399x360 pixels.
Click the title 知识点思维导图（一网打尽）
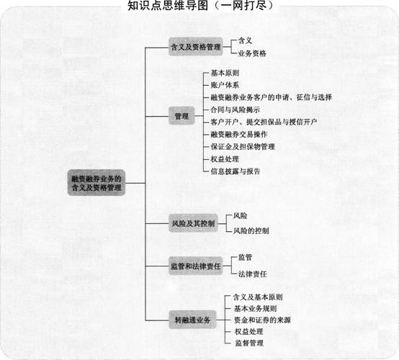(x=200, y=6)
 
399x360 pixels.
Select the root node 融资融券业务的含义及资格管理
(x=97, y=183)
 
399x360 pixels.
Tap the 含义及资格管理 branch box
(x=196, y=47)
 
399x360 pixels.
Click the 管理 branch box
(x=181, y=116)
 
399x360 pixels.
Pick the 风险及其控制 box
(x=194, y=223)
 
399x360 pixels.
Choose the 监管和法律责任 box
(x=196, y=266)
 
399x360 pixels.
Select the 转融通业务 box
(x=192, y=320)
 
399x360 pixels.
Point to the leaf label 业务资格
(x=252, y=53)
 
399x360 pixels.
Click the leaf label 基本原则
(x=225, y=73)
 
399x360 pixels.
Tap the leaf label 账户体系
(x=225, y=85)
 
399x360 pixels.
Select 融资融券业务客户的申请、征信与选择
(x=271, y=97)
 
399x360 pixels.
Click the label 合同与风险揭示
(x=235, y=109)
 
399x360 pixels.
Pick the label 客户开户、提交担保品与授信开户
(x=264, y=122)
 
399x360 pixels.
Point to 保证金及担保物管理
(x=243, y=147)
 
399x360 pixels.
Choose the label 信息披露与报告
(x=235, y=171)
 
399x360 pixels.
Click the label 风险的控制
(x=251, y=230)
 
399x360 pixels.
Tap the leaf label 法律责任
(x=252, y=274)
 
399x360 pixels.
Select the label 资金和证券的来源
(x=262, y=320)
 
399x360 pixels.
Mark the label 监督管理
(x=249, y=343)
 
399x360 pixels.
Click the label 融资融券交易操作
(x=239, y=135)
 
